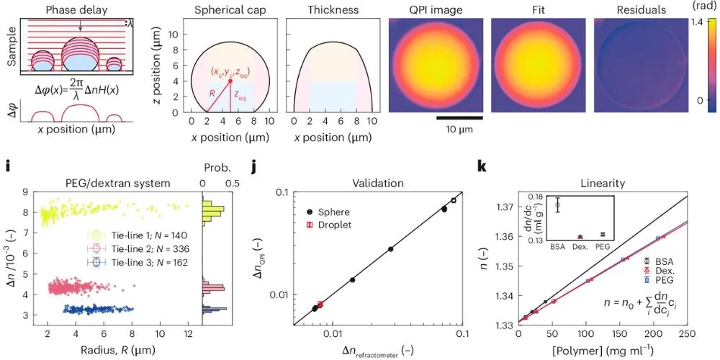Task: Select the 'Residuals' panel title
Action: click(641, 9)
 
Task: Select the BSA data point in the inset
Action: click(557, 205)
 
